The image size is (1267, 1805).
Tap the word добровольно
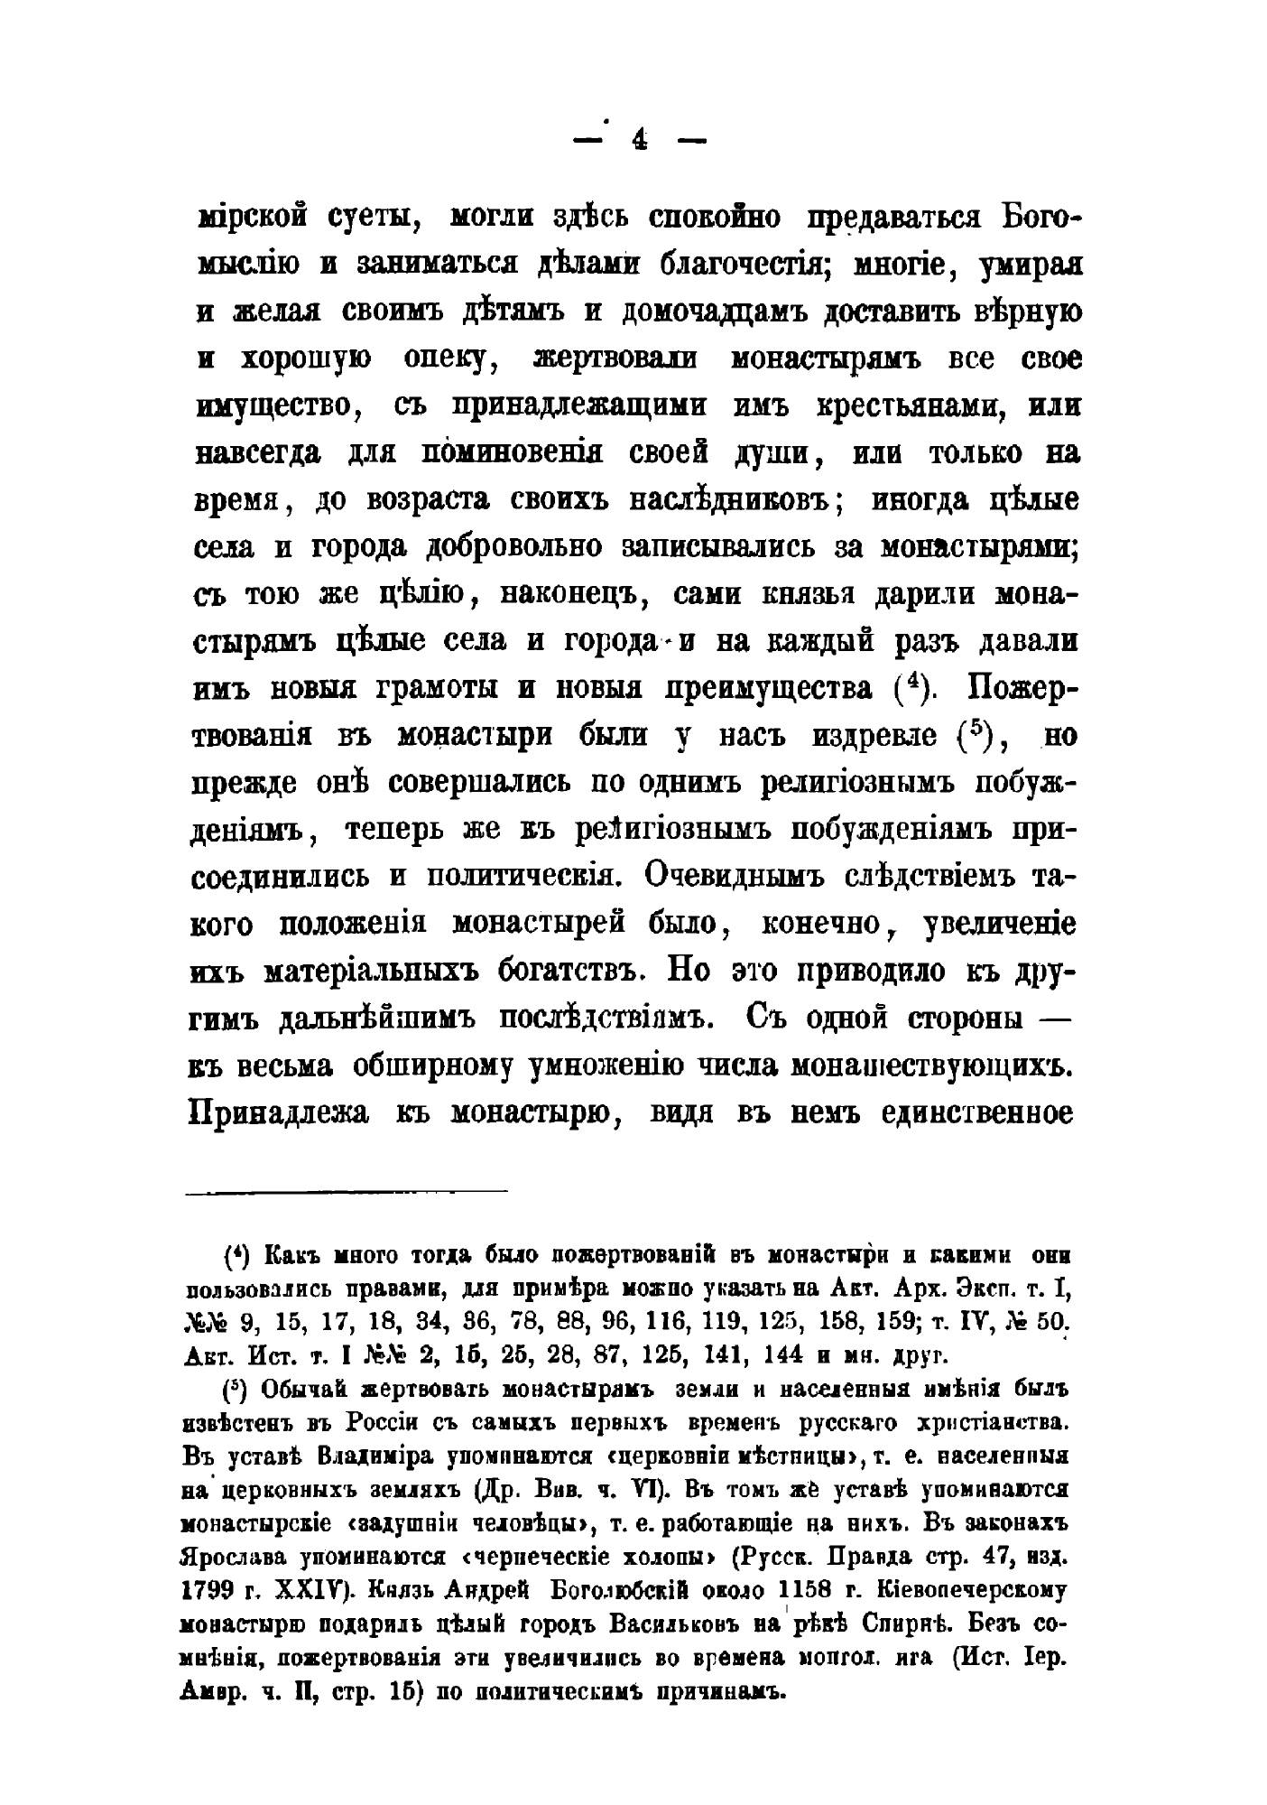pos(514,547)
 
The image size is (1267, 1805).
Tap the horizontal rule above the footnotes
pos(347,1193)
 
